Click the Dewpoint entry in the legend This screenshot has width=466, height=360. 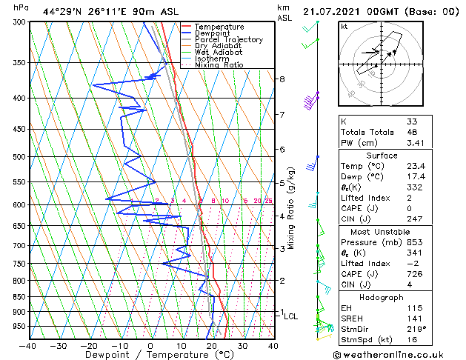(211, 33)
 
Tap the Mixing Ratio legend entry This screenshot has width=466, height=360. (219, 65)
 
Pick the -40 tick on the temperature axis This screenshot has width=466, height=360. (28, 346)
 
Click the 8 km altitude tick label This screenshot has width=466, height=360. (282, 79)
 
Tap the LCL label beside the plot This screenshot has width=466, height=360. (291, 316)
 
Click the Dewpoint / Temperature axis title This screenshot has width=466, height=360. (150, 355)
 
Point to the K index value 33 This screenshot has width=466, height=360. (412, 121)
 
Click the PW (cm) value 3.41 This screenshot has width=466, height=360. (416, 143)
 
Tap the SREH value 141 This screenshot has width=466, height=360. (415, 319)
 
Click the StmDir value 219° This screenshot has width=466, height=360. (416, 329)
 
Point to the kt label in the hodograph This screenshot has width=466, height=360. (344, 27)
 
